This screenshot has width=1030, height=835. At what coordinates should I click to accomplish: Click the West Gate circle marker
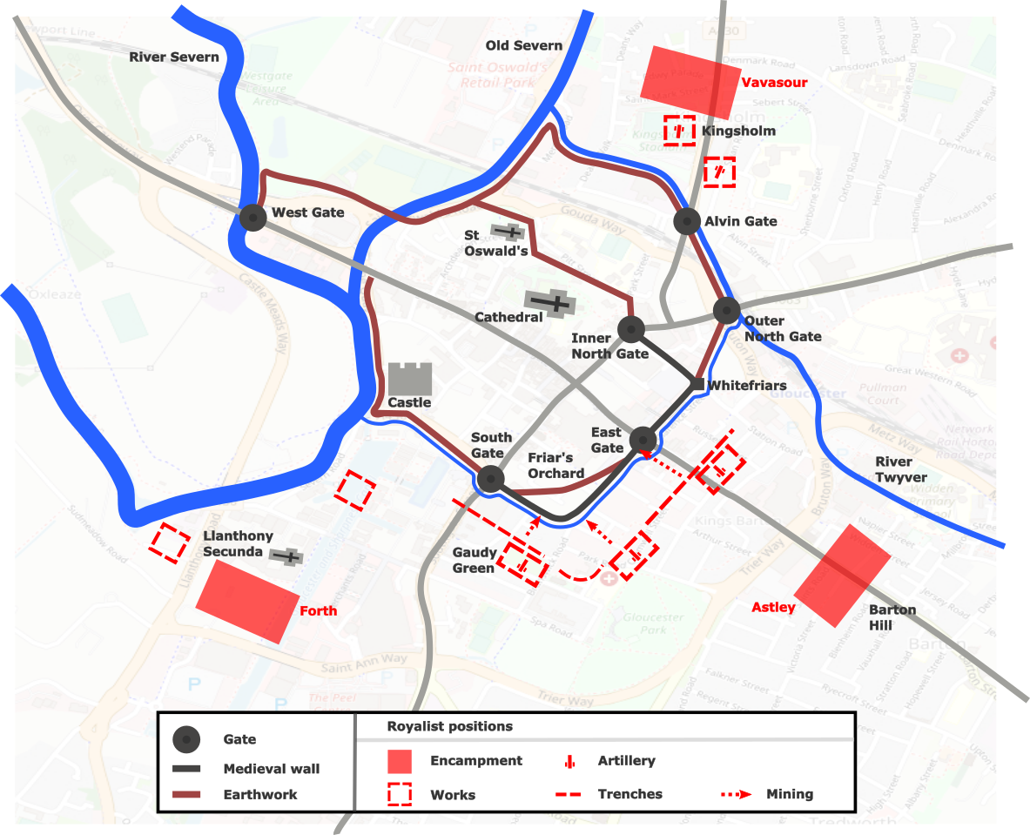[252, 217]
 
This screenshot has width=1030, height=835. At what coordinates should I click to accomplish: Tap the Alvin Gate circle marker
[688, 221]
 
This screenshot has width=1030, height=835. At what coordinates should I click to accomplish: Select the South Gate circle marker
[490, 478]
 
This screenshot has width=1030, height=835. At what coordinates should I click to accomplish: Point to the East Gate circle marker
[643, 440]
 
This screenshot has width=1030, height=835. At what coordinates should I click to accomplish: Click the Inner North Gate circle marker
[630, 329]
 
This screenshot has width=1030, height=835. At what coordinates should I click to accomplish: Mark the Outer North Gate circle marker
[726, 310]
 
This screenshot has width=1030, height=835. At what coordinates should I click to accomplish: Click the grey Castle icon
[409, 380]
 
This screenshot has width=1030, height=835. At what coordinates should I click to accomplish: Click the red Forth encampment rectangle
[246, 602]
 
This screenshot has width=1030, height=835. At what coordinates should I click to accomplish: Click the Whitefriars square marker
[697, 384]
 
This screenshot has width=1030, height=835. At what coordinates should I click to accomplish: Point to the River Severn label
[174, 57]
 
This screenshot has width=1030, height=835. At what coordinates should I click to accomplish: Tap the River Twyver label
[894, 469]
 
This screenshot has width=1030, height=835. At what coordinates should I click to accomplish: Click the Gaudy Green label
[474, 561]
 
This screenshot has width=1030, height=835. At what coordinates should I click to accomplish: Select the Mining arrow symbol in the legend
[737, 794]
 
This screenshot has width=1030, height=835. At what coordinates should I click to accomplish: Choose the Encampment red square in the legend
[400, 761]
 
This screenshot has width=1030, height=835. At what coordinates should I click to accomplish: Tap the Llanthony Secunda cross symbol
[286, 556]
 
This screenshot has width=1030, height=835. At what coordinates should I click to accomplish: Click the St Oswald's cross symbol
[507, 232]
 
